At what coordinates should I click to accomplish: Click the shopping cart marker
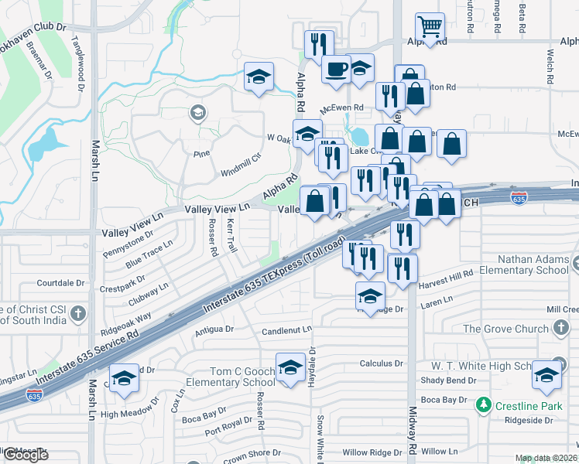pos(430,26)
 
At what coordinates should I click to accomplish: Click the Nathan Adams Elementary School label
pos(523,265)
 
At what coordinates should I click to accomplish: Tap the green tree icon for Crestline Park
pos(484,404)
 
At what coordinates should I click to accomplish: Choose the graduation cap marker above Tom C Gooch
pos(290,366)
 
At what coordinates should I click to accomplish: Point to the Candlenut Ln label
pos(286,329)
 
